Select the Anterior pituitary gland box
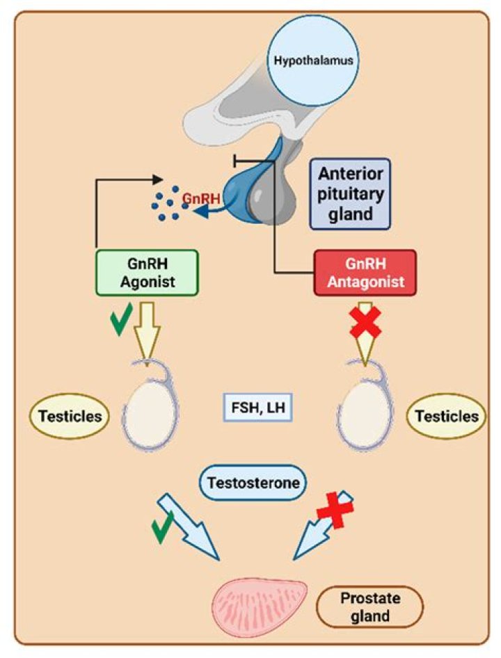[x=349, y=193]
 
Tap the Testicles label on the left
[x=70, y=416]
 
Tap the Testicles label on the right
[x=446, y=416]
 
